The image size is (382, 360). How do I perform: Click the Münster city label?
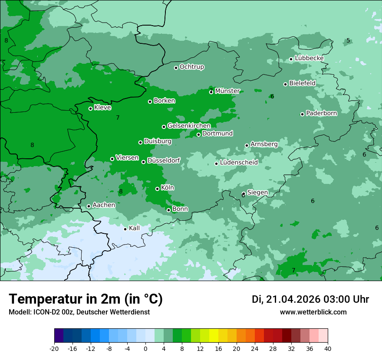[x=227, y=91]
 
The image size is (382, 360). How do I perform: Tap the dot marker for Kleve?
[x=90, y=108]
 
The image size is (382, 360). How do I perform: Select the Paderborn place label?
[x=321, y=113]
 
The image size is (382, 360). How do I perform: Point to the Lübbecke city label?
[x=309, y=58]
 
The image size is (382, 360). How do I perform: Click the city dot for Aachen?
[x=89, y=206]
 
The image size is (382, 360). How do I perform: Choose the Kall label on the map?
[x=134, y=228]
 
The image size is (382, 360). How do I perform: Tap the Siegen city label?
[x=257, y=193]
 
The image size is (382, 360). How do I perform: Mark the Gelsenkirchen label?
[x=189, y=126]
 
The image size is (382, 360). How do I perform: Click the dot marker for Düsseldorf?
[x=143, y=162]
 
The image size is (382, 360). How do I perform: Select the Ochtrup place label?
[x=191, y=67]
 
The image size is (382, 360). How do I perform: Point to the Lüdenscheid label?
[x=239, y=163]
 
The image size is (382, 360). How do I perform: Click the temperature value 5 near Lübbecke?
[x=348, y=41]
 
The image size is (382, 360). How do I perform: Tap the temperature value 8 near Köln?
[x=121, y=191]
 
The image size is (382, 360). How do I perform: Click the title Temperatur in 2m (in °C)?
[x=86, y=299]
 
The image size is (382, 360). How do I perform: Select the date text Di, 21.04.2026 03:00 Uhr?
[x=310, y=299]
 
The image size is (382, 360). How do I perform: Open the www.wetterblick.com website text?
[x=313, y=312]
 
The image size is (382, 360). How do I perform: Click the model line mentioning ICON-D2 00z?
[x=79, y=312]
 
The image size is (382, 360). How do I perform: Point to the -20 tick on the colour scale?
[x=54, y=348]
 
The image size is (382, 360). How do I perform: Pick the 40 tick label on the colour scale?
[x=328, y=348]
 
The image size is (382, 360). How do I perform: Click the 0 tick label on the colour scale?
[x=145, y=348]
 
